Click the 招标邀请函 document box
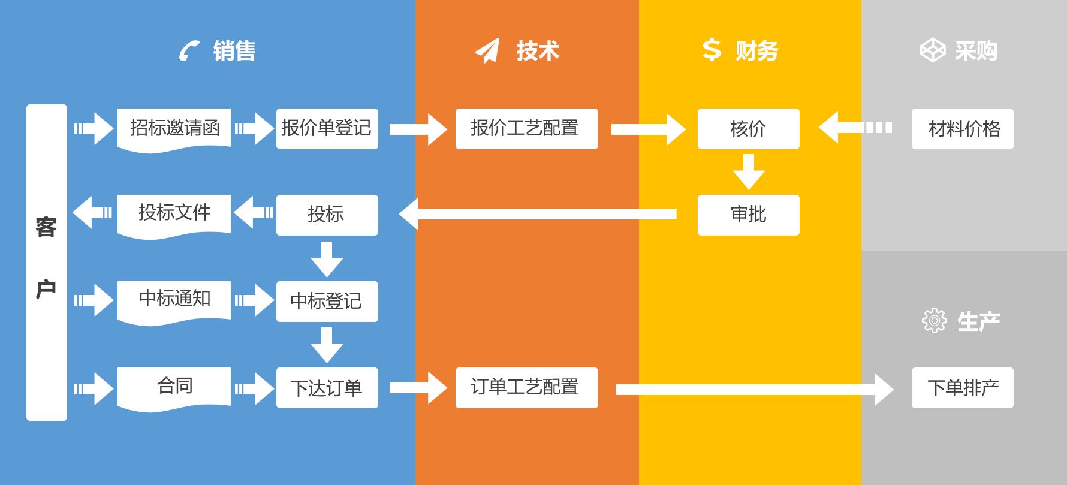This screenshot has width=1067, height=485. (x=174, y=128)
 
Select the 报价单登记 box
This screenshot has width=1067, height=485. (x=327, y=128)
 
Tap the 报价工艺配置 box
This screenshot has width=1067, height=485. (x=526, y=128)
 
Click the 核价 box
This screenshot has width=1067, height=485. (x=748, y=128)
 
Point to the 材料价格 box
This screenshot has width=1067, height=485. (x=962, y=128)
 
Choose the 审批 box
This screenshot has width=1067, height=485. (x=748, y=215)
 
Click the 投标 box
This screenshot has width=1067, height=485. (x=327, y=215)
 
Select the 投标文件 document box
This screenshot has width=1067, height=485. (x=174, y=213)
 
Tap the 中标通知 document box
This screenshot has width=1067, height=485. (x=174, y=300)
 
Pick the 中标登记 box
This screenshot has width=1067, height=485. (x=327, y=301)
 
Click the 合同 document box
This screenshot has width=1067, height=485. (x=174, y=387)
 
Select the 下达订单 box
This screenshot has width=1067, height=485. (x=327, y=388)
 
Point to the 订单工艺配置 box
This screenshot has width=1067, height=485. (x=526, y=387)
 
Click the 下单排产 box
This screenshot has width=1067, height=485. (x=962, y=388)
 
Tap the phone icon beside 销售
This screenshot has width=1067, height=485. (x=189, y=51)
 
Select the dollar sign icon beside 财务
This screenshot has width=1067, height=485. (x=712, y=50)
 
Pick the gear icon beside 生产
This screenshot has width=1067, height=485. (x=934, y=321)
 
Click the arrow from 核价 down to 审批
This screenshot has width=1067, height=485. (x=748, y=172)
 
